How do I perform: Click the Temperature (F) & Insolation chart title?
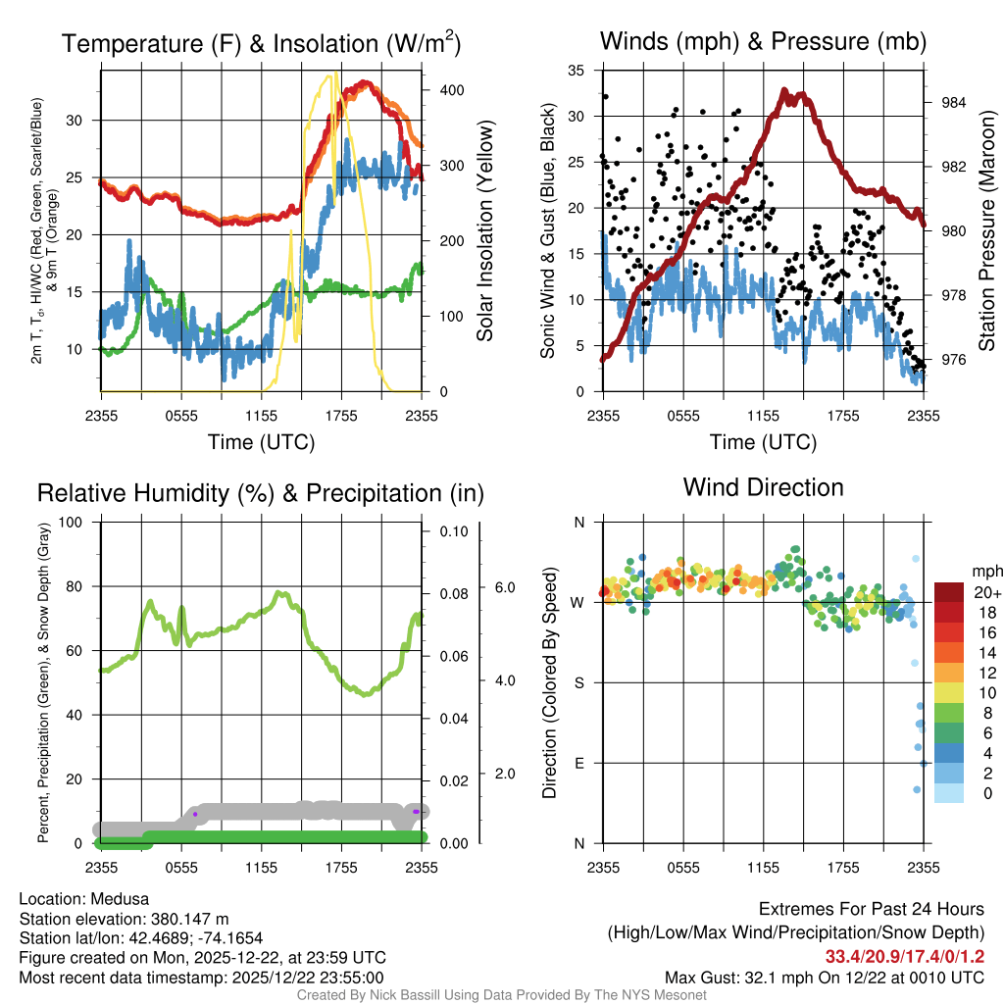(261, 43)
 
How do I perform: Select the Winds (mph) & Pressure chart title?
(763, 41)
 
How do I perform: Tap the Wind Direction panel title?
(763, 487)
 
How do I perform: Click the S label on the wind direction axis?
(578, 682)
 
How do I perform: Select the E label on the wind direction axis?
(578, 763)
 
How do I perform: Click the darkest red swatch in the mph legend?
(950, 592)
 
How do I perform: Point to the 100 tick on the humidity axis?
(71, 523)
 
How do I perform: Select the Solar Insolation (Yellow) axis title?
(484, 231)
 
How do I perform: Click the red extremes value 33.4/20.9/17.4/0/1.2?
(904, 956)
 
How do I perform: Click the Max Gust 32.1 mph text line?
(824, 977)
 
